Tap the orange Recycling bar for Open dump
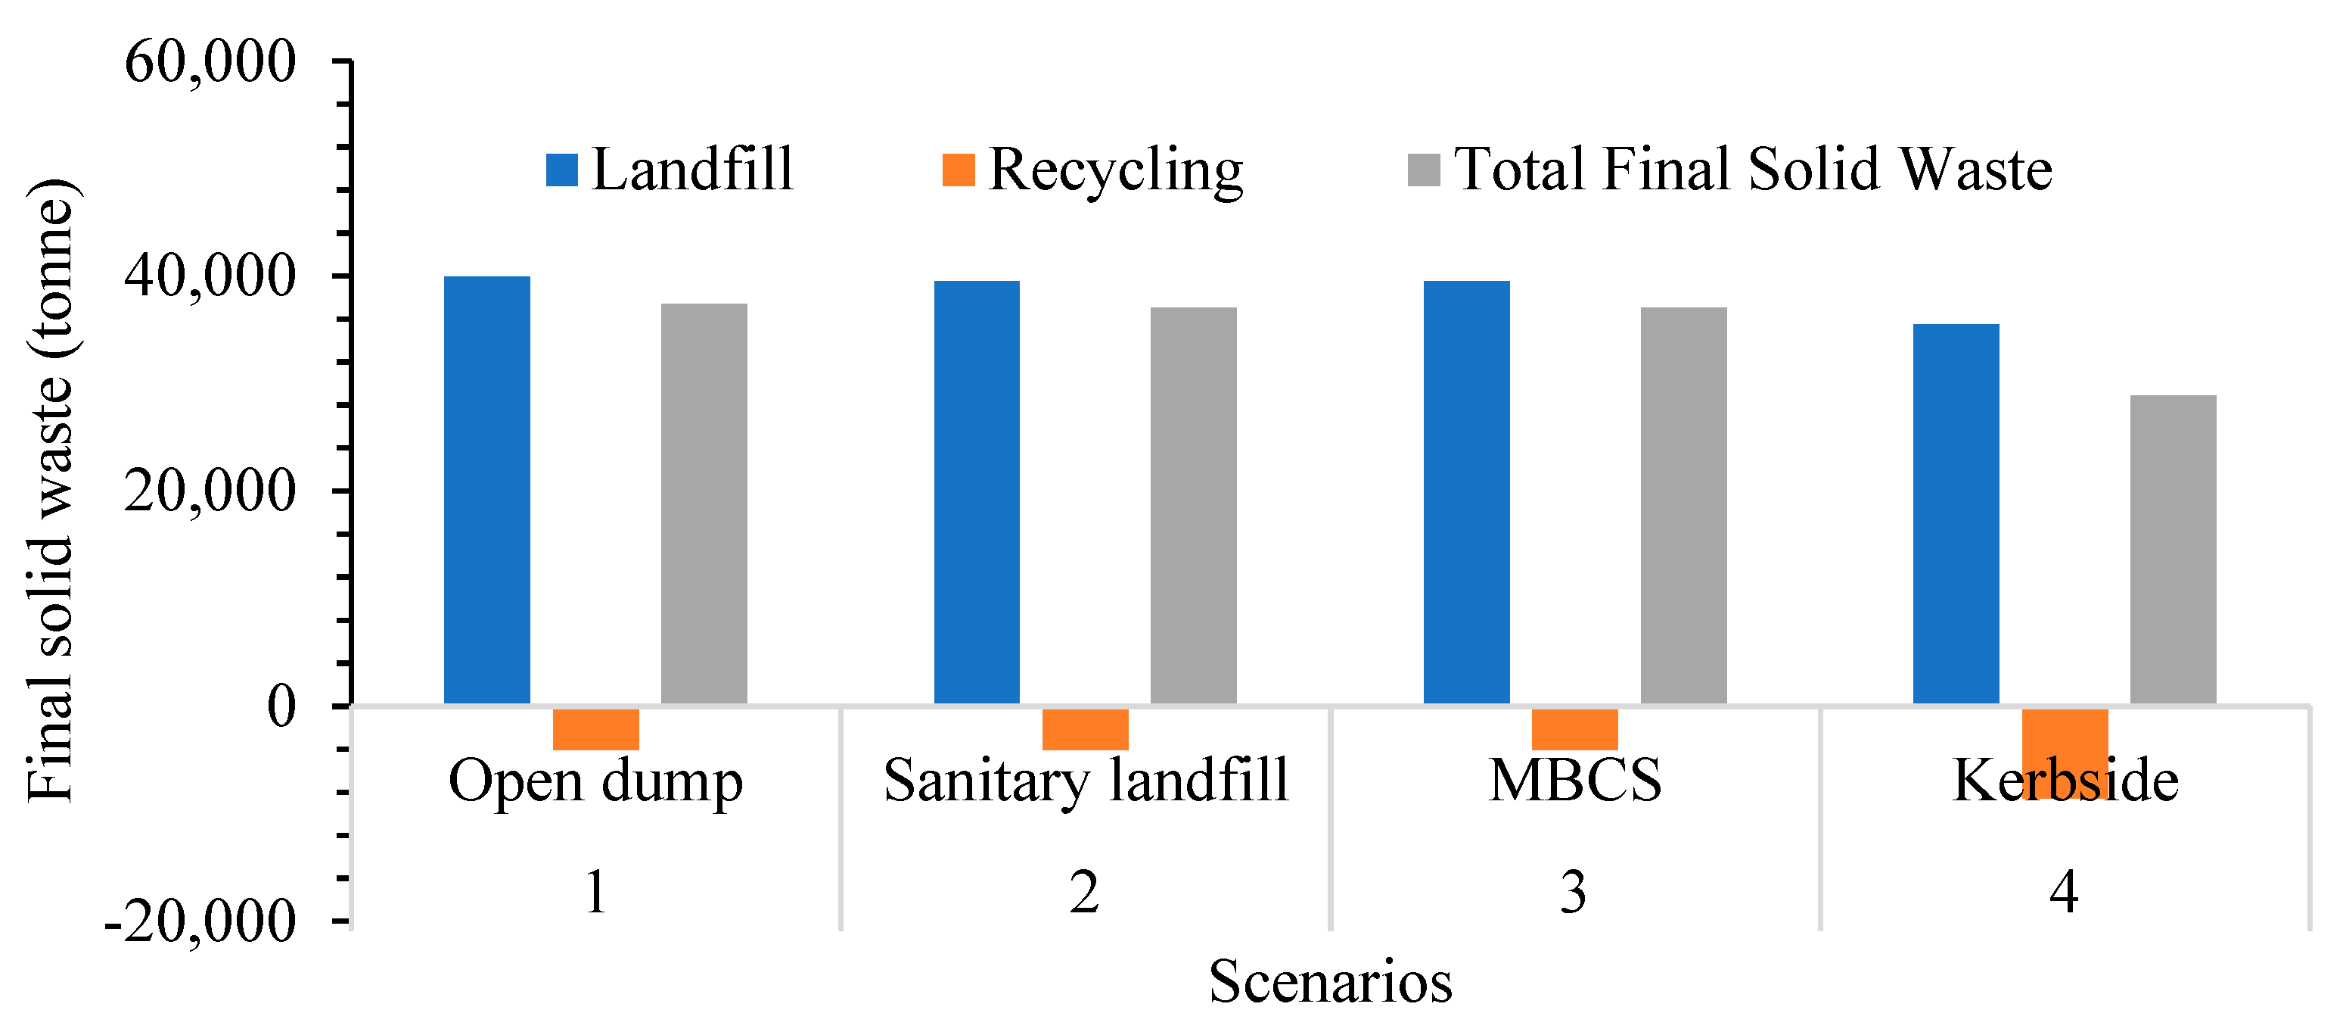595,729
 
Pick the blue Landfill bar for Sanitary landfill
976,492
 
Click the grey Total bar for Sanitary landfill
1193,506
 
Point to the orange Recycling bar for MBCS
1574,729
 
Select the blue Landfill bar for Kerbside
1956,514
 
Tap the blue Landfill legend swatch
562,170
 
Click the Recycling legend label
1116,170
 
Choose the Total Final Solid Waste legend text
1752,170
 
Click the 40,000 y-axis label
210,276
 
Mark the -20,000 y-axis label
200,922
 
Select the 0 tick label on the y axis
281,706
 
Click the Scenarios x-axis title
1331,982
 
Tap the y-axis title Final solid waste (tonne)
50,492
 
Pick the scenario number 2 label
1084,892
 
